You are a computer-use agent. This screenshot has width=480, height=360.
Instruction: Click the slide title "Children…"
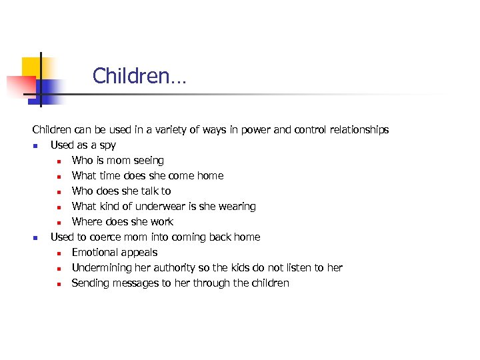pyautogui.click(x=139, y=76)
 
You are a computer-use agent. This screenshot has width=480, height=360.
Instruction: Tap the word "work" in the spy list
pyautogui.click(x=162, y=222)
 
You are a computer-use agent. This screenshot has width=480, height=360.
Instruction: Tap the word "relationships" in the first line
pyautogui.click(x=357, y=130)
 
